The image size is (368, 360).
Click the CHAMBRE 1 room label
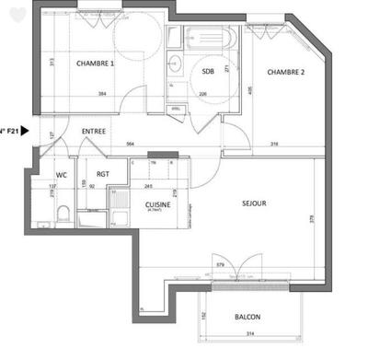coord(94,64)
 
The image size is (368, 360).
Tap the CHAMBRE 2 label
coord(286,72)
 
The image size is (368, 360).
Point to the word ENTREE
coord(94,132)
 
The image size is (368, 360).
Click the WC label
coord(63,174)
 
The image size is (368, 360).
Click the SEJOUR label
coord(254,203)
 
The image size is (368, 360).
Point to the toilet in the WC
coord(62,215)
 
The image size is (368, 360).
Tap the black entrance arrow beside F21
coord(25,132)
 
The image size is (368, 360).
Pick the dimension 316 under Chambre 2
coord(275,144)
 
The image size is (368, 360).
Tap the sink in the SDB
coord(175,63)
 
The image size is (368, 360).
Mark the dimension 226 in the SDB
coord(203,93)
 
